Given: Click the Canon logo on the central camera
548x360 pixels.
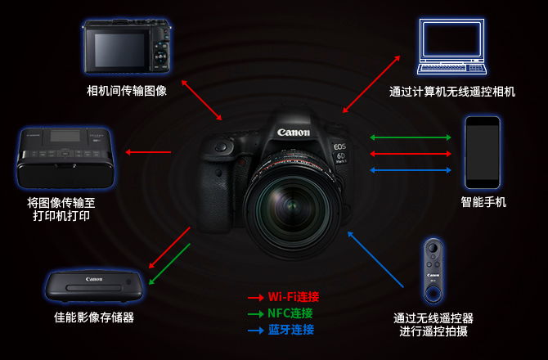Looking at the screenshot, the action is pos(294,133).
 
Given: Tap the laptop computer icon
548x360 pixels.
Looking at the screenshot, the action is pos(451,47).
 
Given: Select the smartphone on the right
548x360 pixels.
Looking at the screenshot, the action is pos(483,153).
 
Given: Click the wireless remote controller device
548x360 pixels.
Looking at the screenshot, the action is pos(433,271).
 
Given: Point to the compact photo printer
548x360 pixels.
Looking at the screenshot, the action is pos(65,158).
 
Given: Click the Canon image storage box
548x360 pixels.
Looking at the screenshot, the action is pos(94,286).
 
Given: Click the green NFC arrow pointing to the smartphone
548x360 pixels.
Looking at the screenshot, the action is pos(411,137).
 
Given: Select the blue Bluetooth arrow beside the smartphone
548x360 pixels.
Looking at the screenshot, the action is pos(411,170).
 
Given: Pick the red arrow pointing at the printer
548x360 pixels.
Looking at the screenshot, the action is pos(148,152).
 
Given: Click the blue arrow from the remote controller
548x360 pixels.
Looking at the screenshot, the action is pos(375,259).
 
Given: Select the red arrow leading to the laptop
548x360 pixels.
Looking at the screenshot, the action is pos(371,84).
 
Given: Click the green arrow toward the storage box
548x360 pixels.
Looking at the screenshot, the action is pos(169,264).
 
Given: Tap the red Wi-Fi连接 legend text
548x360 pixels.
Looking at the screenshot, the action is pos(294,297).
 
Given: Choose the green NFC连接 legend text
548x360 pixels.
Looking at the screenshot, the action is pos(290,313).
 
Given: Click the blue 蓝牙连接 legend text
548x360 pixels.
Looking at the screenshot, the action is pos(291,330).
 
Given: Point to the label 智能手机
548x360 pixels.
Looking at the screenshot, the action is pos(483,202).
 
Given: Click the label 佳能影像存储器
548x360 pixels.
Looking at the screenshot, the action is pos(94,317).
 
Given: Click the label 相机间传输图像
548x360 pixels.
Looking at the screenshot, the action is pos(127,91).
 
